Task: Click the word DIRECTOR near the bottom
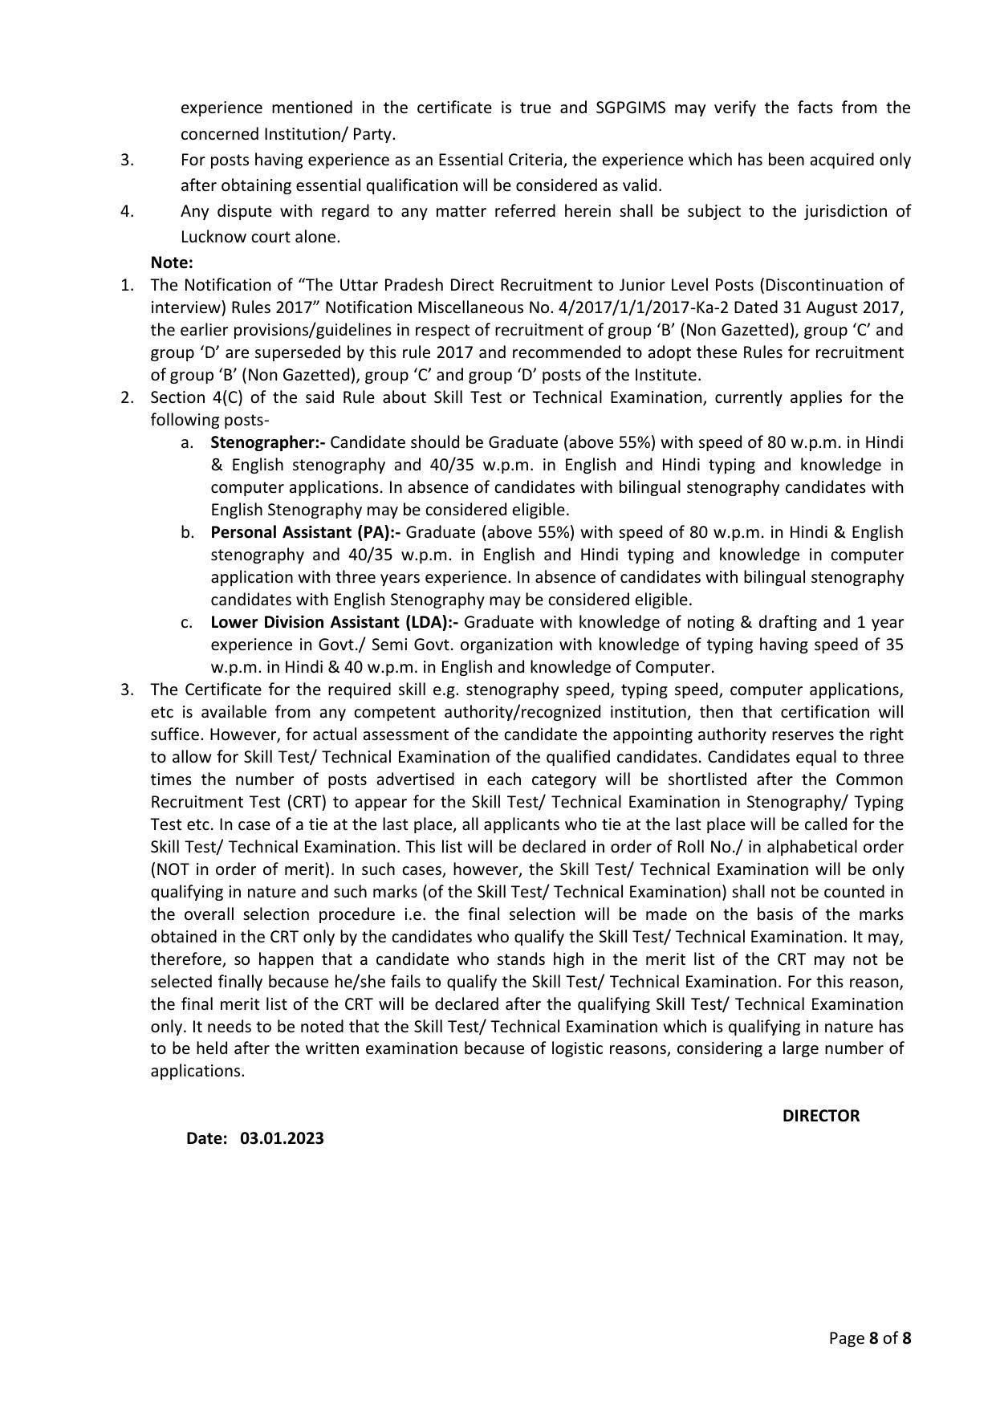[820, 1116]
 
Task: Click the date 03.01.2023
[281, 1138]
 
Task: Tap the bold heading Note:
[172, 262]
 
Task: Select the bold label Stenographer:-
[268, 442]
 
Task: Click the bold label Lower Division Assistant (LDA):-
[334, 622]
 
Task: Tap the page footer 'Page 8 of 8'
[870, 1338]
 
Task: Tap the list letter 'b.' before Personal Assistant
[187, 532]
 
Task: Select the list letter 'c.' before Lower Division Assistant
[186, 622]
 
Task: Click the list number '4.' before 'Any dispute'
[127, 211]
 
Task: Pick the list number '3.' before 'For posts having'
[127, 160]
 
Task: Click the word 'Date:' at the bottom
[207, 1138]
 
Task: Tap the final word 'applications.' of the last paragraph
[197, 1072]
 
